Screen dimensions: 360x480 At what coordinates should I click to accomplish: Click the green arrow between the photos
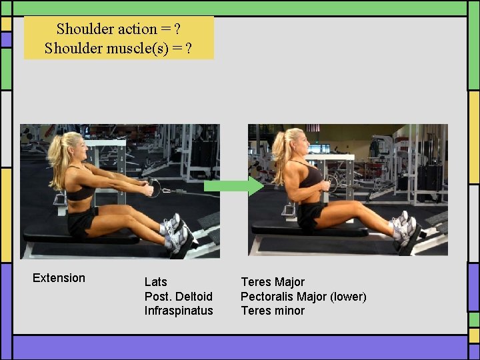click(x=233, y=187)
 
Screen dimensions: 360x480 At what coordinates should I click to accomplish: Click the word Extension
click(x=59, y=278)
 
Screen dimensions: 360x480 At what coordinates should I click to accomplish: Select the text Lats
click(x=155, y=282)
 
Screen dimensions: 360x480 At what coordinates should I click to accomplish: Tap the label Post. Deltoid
click(x=178, y=296)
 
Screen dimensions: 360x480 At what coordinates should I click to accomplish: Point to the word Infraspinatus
click(x=179, y=311)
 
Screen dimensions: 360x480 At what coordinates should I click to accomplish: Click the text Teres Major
click(x=272, y=282)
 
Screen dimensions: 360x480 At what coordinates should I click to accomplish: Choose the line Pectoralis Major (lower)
click(x=303, y=297)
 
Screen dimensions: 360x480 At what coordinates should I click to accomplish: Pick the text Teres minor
click(x=272, y=311)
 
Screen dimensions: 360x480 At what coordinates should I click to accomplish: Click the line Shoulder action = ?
click(x=119, y=29)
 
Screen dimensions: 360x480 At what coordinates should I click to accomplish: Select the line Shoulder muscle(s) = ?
click(x=119, y=48)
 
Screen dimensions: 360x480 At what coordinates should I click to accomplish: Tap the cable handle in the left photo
click(x=154, y=188)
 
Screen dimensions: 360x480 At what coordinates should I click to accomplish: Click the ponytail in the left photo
click(x=57, y=163)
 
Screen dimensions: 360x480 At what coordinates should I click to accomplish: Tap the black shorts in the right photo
click(x=309, y=215)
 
